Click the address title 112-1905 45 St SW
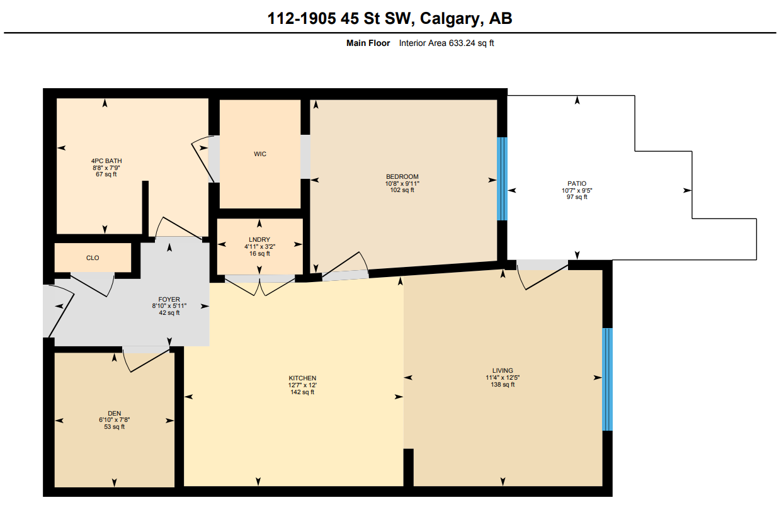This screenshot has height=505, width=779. pos(390,19)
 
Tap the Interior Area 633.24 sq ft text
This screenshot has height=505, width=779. pos(446,43)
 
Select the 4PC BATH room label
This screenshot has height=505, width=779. pos(106,161)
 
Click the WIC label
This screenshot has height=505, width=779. pos(260,154)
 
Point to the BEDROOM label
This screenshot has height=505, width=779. pos(402,176)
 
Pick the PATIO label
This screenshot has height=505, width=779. pos(576,184)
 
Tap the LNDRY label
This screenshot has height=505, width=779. pos(259,240)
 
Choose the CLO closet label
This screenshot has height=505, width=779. pos(93,258)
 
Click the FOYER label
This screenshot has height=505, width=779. pos(169,300)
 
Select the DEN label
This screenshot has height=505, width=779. pos(114,414)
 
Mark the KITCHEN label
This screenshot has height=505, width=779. pos(302,378)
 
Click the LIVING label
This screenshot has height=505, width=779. pos(503,370)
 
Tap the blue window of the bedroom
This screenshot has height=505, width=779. pos(502,179)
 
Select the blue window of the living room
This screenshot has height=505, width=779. pos(607,379)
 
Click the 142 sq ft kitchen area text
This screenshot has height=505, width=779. pos(302,392)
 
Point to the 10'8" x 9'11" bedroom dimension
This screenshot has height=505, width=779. pos(402,183)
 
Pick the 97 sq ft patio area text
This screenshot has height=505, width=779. pos(576,197)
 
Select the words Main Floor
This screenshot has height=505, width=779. pos(368,43)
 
